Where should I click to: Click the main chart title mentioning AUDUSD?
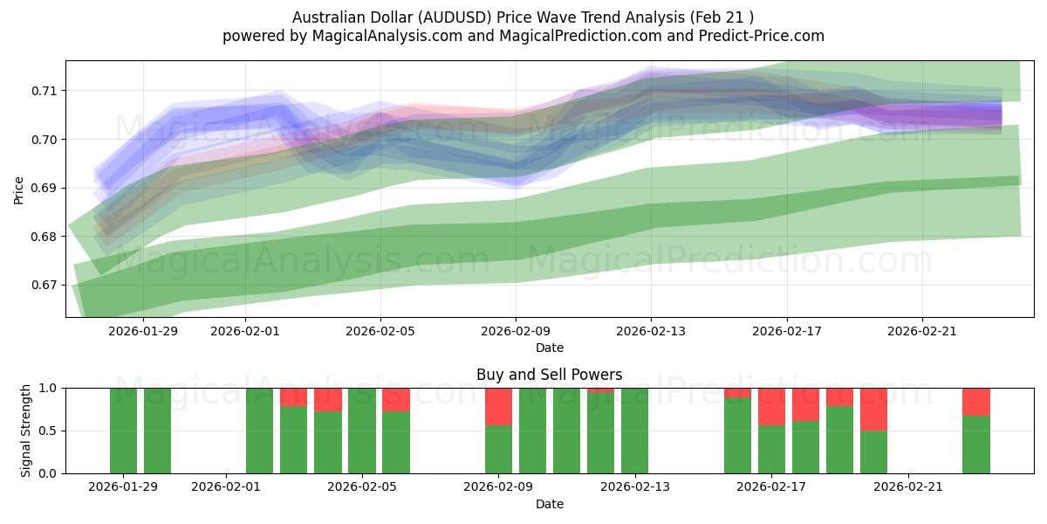coord(523,17)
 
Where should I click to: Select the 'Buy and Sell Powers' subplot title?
coord(549,375)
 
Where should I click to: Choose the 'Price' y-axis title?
coord(18,189)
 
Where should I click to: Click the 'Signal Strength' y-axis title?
coord(25,431)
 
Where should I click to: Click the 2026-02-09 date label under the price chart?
coord(516,331)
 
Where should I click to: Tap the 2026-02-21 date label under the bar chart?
coord(909,486)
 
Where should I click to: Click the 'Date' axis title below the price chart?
coord(549,348)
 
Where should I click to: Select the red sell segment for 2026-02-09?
coord(498,406)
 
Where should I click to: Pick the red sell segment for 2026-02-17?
coord(771,406)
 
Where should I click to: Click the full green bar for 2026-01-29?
coord(123,431)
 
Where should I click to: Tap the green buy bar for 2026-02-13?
coord(634,431)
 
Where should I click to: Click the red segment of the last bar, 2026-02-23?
coord(976,401)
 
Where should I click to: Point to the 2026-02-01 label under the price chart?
coord(244,331)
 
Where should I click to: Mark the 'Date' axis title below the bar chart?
coord(549,504)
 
